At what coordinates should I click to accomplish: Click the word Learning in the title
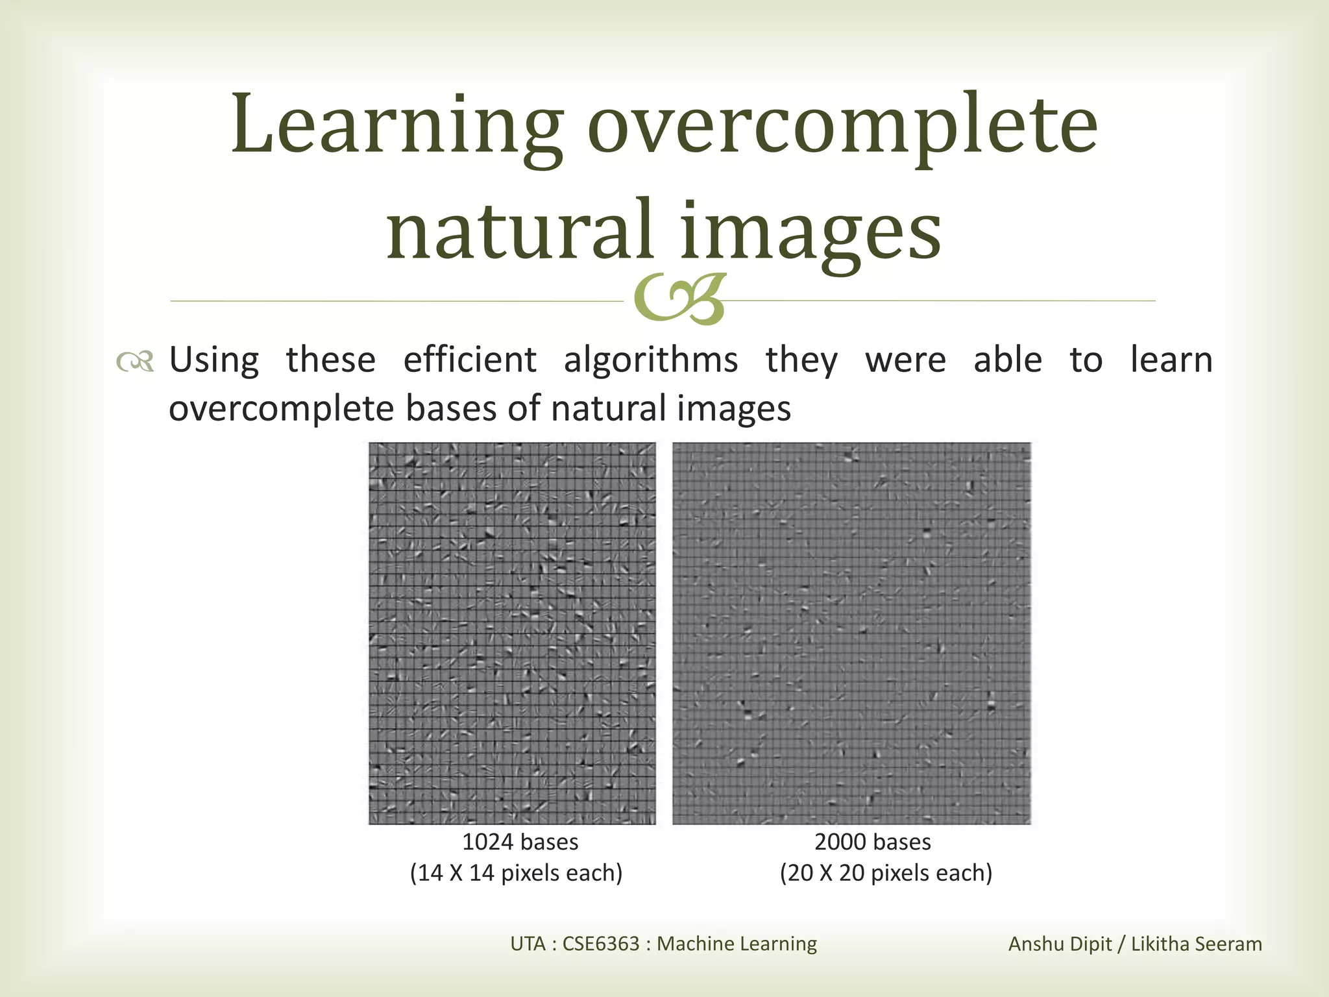(396, 127)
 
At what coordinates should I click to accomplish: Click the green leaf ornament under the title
(679, 301)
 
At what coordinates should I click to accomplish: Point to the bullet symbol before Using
(135, 362)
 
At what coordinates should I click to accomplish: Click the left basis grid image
(512, 633)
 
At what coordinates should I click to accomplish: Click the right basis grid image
(851, 633)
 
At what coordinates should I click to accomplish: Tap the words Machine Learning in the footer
(737, 943)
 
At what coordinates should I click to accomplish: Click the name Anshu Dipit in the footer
(1060, 944)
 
